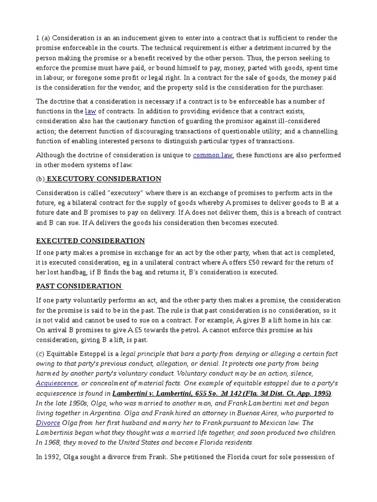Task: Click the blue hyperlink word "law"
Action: click(90, 111)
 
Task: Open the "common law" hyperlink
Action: click(213, 155)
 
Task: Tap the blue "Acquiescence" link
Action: click(56, 383)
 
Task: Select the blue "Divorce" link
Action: click(48, 423)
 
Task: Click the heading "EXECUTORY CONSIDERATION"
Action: click(104, 179)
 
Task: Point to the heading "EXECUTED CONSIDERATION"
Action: click(90, 241)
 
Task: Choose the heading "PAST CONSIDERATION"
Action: click(79, 286)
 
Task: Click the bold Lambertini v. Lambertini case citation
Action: click(222, 393)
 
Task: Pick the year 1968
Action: click(53, 442)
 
